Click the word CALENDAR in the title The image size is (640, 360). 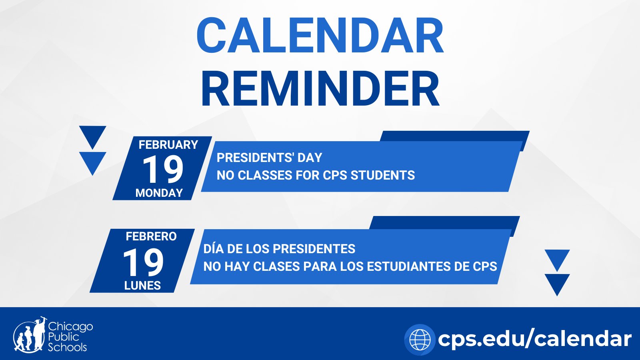320,36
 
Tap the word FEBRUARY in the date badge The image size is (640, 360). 168,145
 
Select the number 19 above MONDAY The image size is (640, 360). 163,169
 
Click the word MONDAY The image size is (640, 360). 159,193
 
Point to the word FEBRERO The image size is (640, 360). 151,236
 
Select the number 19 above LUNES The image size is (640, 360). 144,262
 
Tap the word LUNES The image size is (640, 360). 142,286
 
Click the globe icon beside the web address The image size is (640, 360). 420,340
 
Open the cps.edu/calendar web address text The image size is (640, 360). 534,339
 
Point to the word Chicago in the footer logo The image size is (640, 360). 70,326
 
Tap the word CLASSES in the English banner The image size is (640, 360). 265,175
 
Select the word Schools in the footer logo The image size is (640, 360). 68,347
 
